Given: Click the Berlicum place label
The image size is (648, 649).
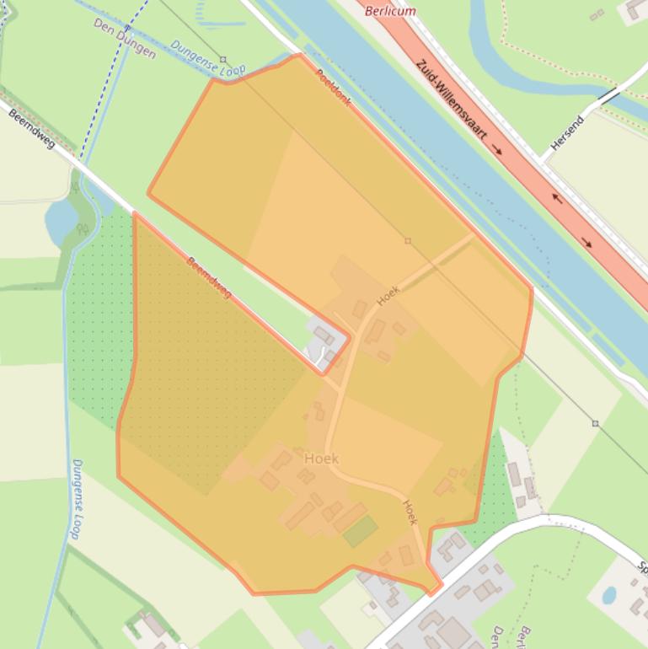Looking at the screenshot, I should pyautogui.click(x=391, y=11).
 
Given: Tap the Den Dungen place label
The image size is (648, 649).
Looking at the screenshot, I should pyautogui.click(x=125, y=38).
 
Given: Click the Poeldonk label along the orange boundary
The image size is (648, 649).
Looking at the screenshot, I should pyautogui.click(x=333, y=87).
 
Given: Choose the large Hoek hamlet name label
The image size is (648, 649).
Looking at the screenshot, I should pyautogui.click(x=321, y=459).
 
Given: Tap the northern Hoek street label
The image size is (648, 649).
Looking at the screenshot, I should pyautogui.click(x=388, y=296).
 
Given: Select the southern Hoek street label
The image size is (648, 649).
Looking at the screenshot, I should pyautogui.click(x=410, y=512).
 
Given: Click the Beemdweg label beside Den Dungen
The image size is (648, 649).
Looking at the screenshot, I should pyautogui.click(x=31, y=130).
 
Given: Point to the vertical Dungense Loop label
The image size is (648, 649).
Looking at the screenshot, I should pyautogui.click(x=76, y=499).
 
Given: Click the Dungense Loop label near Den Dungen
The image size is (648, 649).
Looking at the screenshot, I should pyautogui.click(x=208, y=56).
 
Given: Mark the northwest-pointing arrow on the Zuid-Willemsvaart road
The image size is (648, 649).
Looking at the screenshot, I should pyautogui.click(x=556, y=199).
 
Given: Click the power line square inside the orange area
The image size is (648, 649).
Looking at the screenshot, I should pyautogui.click(x=408, y=241).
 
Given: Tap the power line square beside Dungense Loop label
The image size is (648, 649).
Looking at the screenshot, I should pyautogui.click(x=222, y=59).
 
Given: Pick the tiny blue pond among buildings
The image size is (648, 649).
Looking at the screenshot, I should pyautogui.click(x=608, y=596).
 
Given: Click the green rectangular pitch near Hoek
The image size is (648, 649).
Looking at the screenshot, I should pyautogui.click(x=360, y=531).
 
